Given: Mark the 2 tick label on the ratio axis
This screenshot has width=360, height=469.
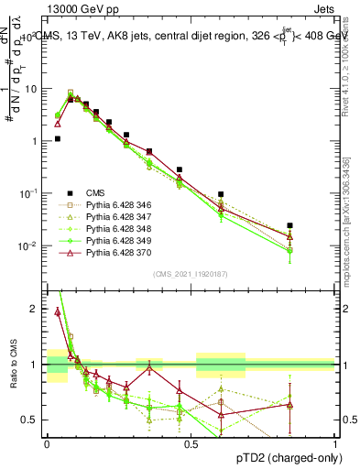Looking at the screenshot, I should [34, 309].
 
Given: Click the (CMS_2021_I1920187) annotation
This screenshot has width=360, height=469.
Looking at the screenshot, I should [191, 274].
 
